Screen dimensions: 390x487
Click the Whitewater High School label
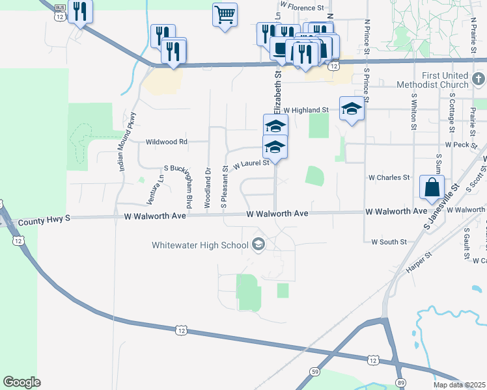click(200, 245)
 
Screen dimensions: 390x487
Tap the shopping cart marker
click(225, 14)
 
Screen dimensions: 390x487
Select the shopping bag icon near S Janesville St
click(432, 187)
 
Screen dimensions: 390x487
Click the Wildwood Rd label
click(167, 142)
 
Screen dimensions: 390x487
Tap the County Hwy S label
click(44, 220)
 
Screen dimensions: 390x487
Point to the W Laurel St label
click(251, 164)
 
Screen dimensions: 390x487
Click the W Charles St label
click(389, 177)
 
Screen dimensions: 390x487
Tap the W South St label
click(389, 242)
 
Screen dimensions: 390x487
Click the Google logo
click(21, 382)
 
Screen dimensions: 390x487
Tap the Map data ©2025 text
click(460, 385)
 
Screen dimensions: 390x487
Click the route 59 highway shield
click(314, 372)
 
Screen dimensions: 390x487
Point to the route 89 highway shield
click(400, 382)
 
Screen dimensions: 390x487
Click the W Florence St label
click(302, 8)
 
